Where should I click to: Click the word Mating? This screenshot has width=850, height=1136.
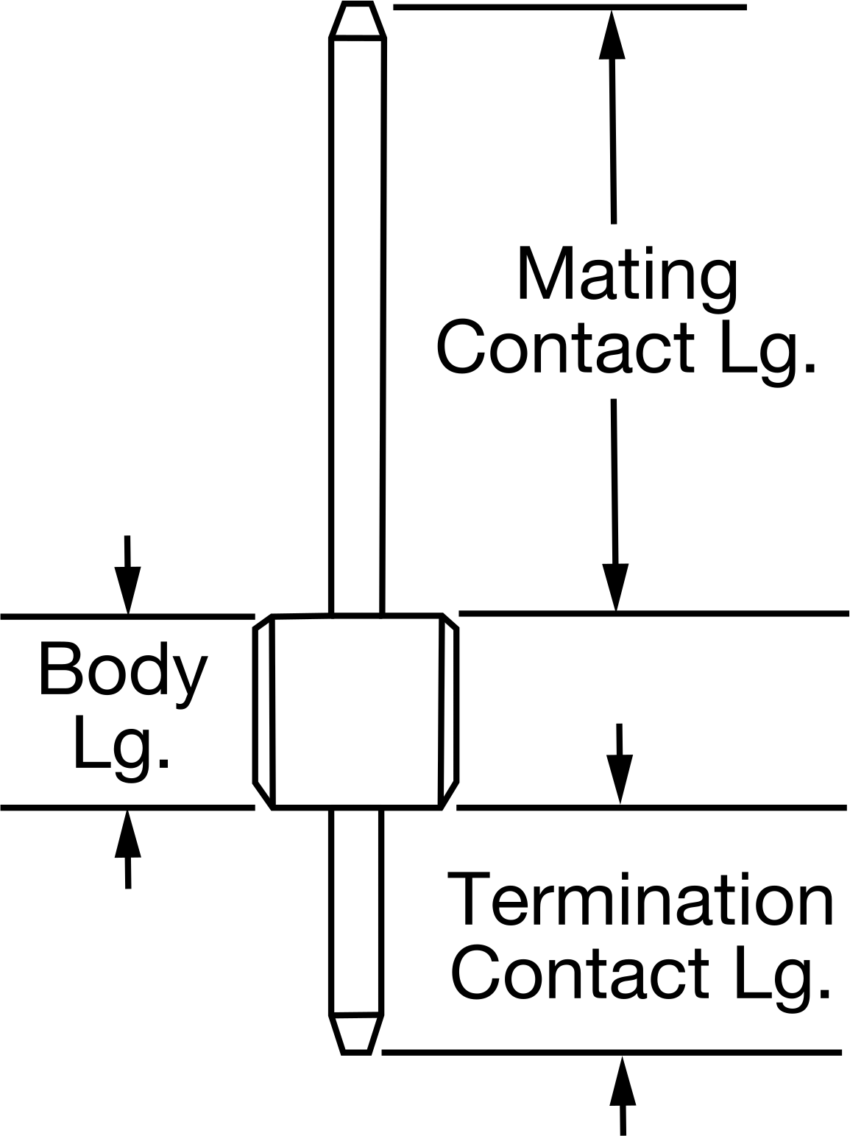pyautogui.click(x=628, y=280)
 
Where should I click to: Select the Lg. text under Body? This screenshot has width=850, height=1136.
pyautogui.click(x=121, y=750)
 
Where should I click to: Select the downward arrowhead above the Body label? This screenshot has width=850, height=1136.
pyautogui.click(x=128, y=591)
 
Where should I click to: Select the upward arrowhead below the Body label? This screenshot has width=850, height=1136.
pyautogui.click(x=128, y=835)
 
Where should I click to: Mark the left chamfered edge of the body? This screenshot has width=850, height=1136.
pyautogui.click(x=263, y=711)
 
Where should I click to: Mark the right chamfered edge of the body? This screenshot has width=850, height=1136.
pyautogui.click(x=448, y=711)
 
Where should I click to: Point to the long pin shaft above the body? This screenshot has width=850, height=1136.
pyautogui.click(x=357, y=326)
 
